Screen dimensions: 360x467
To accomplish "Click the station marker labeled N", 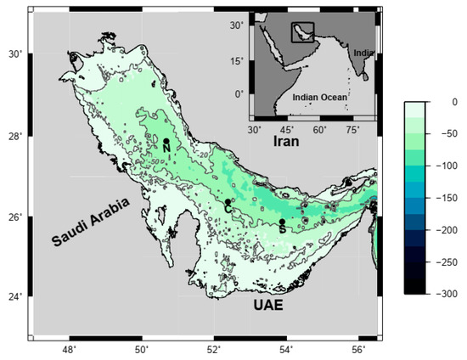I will pos(166,142).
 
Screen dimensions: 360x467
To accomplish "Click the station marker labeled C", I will pos(228,201).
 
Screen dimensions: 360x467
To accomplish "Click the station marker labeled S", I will pos(282,222).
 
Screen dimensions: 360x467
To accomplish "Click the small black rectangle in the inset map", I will pos(303,32).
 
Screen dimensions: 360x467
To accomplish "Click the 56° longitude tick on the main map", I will pos(358,349).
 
